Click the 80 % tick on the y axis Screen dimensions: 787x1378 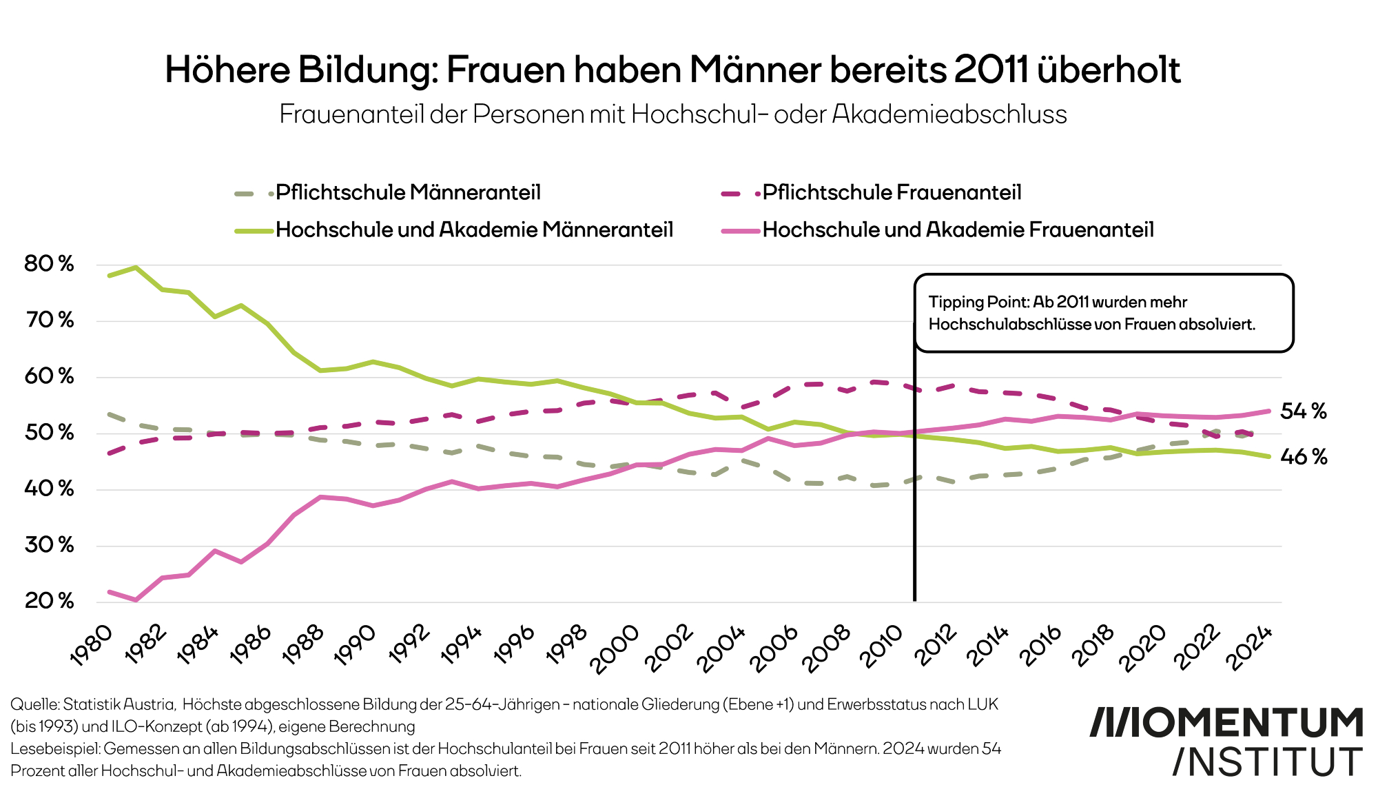coord(49,264)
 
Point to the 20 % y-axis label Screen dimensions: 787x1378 coord(49,601)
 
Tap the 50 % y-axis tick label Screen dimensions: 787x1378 coord(49,433)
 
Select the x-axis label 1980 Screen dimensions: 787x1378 coord(92,645)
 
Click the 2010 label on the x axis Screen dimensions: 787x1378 coord(881,646)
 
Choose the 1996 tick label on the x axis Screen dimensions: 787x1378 coord(514,645)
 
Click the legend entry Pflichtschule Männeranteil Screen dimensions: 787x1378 coord(408,192)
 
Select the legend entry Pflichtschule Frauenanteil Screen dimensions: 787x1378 coord(892,192)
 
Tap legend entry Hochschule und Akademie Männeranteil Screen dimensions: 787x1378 coord(474,229)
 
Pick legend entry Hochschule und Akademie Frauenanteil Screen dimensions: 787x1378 coord(958,229)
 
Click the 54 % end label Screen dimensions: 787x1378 coord(1303,411)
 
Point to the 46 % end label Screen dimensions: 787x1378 coord(1303,457)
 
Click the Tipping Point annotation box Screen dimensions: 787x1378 coord(1103,313)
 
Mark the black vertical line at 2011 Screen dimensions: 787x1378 coord(914,482)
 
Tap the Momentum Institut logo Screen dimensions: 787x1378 coord(1226,741)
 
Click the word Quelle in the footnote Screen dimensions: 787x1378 coord(34,704)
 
